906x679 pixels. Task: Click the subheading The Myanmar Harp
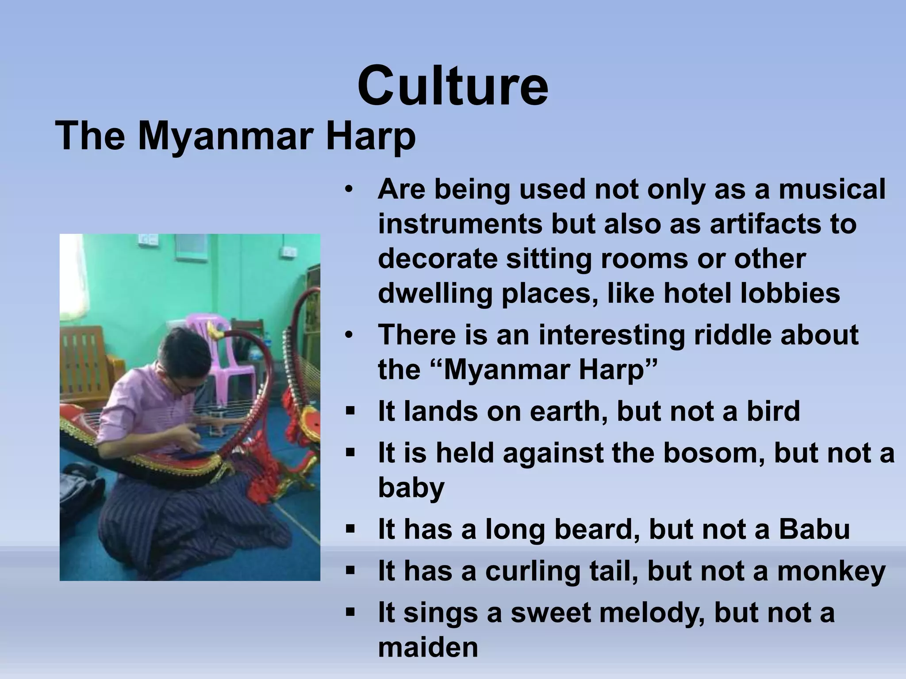click(235, 136)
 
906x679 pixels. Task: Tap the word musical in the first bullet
click(832, 189)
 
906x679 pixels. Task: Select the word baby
click(411, 488)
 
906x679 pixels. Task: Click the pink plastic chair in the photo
click(221, 349)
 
